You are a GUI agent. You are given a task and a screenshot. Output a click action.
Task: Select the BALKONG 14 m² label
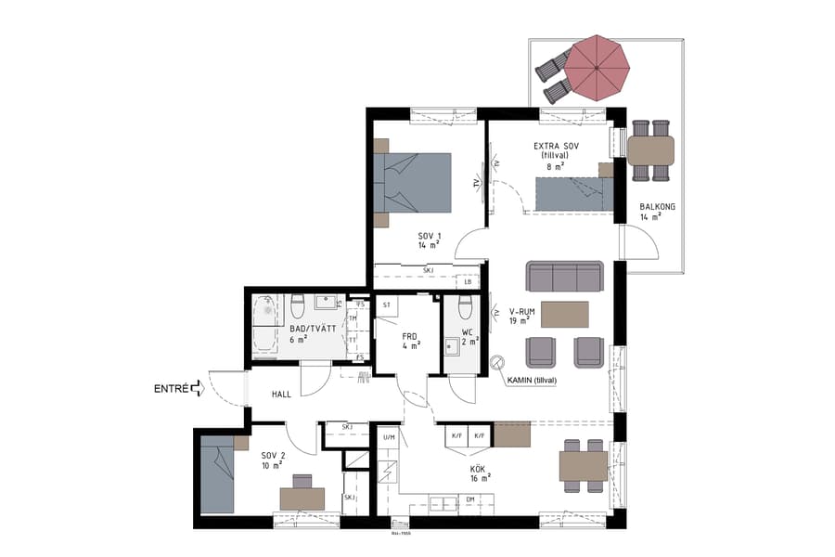tap(649, 212)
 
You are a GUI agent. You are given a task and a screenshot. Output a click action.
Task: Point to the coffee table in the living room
tap(564, 315)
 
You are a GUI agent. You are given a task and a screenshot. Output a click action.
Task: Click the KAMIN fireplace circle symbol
tap(497, 363)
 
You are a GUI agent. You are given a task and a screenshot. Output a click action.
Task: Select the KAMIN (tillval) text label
tap(532, 379)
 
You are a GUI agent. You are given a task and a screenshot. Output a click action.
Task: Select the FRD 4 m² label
tap(411, 341)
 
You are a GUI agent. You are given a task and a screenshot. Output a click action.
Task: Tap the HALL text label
tap(281, 395)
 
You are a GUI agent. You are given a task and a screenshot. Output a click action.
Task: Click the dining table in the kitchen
tap(583, 465)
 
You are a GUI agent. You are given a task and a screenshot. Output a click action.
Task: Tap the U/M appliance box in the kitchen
tap(389, 436)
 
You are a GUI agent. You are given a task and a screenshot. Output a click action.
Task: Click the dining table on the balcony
tap(650, 149)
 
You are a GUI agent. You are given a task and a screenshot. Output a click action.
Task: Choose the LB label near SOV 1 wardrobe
tap(469, 282)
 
